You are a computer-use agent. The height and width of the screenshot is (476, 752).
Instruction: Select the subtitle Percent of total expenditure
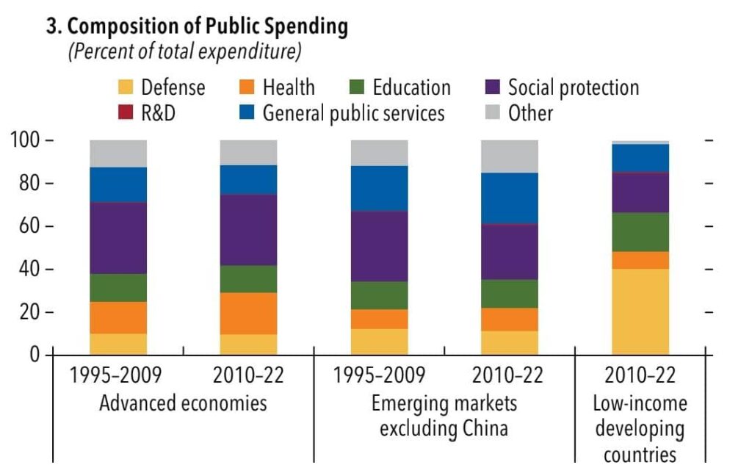(x=184, y=53)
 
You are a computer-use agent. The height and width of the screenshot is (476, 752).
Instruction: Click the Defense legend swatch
(x=126, y=87)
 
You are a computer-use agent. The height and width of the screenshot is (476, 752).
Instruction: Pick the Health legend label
(x=289, y=87)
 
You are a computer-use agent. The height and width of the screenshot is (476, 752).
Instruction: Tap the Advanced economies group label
(x=183, y=403)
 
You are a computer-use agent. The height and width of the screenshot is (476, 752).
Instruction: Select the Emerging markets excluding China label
(x=444, y=415)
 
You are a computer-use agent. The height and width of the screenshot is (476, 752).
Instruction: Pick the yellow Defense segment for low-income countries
(x=640, y=311)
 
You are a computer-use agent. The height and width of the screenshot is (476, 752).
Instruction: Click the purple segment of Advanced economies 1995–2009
(x=118, y=238)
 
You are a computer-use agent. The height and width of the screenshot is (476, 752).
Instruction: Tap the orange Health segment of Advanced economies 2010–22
(x=248, y=314)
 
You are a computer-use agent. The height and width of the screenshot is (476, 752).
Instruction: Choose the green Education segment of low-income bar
(x=640, y=232)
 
